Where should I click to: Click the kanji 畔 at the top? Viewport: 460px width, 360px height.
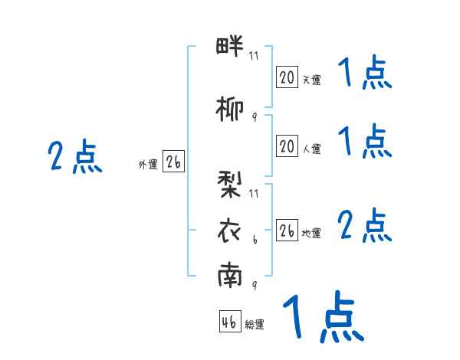click(230, 46)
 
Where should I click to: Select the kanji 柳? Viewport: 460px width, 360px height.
click(230, 110)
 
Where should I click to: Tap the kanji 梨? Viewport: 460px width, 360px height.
click(229, 185)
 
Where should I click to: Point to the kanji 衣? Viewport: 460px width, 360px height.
click(229, 231)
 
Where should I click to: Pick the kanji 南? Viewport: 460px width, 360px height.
click(230, 275)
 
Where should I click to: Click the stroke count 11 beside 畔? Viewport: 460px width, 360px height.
click(254, 56)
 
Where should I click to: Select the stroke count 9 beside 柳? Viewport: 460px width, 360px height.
click(255, 117)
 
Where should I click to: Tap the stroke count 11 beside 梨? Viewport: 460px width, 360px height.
click(254, 194)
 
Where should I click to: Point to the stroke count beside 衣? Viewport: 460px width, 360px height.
click(255, 240)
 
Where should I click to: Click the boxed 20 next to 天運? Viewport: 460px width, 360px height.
click(287, 77)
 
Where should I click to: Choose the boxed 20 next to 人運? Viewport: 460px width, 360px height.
click(287, 146)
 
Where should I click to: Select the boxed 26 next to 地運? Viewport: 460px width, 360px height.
click(287, 231)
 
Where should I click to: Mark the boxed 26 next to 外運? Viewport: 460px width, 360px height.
click(173, 162)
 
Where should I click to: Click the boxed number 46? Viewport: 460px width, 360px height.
click(230, 322)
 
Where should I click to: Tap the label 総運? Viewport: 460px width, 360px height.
click(255, 324)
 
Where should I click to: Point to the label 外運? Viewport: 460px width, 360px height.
click(148, 165)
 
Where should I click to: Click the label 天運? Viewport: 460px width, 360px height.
click(311, 80)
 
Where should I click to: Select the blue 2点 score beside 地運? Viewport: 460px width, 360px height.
click(365, 225)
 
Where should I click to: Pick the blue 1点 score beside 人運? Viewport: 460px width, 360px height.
click(365, 141)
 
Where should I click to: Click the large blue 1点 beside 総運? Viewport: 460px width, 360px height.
click(324, 316)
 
